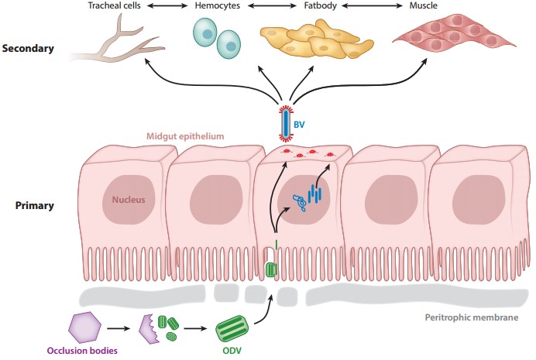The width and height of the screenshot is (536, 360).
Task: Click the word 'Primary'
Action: (34, 207)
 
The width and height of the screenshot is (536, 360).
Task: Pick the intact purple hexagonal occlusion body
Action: (86, 325)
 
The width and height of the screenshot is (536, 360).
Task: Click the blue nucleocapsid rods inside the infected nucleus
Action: (314, 194)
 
